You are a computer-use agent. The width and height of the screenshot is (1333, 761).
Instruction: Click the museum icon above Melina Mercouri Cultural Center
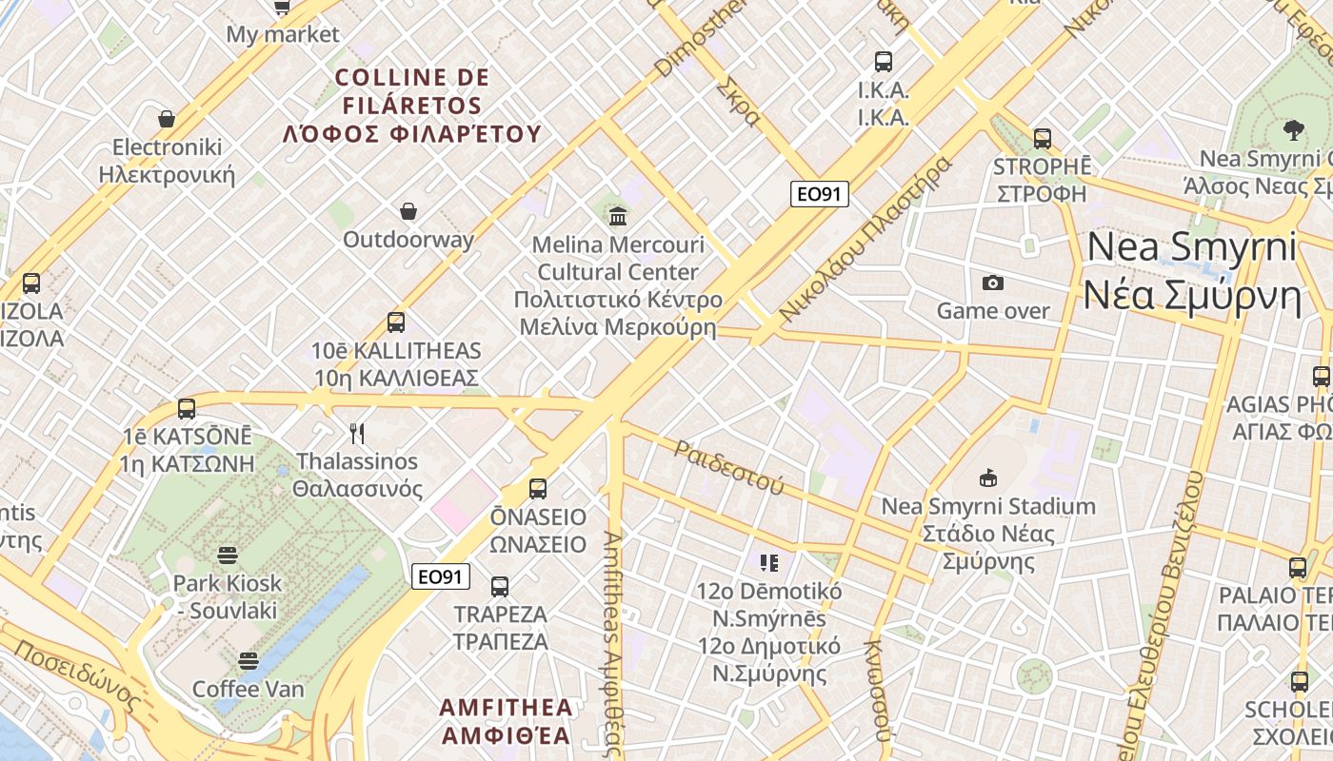618,216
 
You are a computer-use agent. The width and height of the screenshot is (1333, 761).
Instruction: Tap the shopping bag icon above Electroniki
167,119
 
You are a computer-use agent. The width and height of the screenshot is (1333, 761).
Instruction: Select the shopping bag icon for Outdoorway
408,210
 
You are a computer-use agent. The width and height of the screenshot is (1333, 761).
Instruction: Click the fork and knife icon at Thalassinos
357,434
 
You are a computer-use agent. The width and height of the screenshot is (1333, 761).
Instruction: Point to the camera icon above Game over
993,283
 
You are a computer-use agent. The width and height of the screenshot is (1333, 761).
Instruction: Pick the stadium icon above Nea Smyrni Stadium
987,478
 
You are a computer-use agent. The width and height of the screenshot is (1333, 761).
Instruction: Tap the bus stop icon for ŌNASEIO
538,489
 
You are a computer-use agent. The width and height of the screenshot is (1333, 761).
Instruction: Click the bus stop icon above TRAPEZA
500,586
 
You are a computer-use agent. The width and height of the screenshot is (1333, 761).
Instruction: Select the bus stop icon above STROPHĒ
1043,138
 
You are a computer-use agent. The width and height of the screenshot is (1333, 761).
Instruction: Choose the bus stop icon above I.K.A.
884,62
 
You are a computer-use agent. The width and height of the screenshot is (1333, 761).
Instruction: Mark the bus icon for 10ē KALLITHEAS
396,322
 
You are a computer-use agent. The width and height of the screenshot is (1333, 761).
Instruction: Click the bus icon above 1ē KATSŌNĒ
187,409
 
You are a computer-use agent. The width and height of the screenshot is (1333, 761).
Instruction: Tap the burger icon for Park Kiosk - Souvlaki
228,555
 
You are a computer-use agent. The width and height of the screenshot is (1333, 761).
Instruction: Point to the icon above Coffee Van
249,660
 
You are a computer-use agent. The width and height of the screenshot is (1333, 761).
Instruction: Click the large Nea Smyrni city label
1192,271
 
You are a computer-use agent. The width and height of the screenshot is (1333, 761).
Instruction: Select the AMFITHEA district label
507,721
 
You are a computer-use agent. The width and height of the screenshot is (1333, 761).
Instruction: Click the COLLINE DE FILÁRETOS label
412,106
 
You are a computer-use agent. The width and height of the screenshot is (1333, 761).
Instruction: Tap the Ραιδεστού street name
728,466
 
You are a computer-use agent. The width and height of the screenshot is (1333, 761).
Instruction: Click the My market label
282,35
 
